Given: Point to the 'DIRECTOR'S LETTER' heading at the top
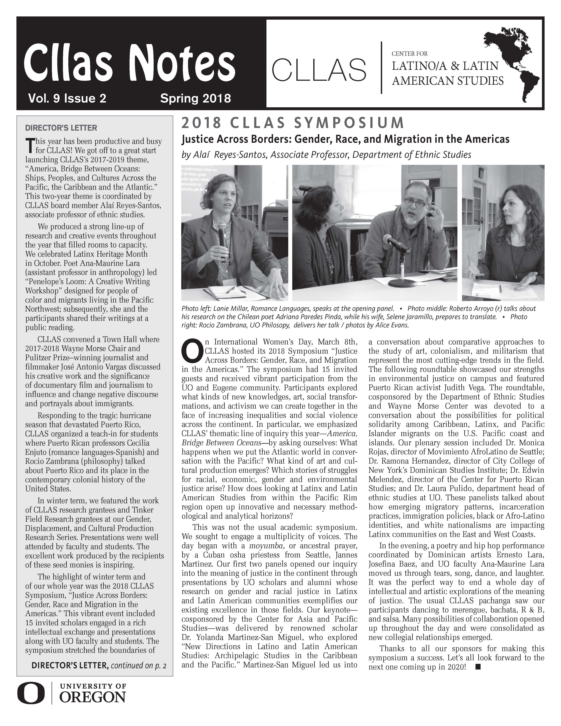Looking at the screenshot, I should point(61,128).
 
